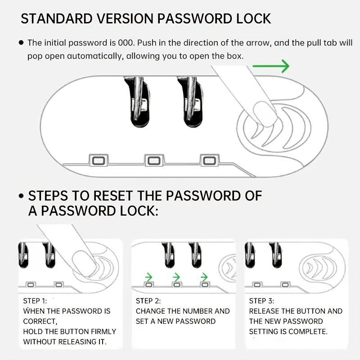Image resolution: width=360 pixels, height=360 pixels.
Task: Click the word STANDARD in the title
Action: pyautogui.click(x=57, y=18)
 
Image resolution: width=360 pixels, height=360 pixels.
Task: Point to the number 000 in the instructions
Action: pyautogui.click(x=126, y=43)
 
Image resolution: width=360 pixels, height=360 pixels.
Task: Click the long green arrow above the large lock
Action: pyautogui.click(x=271, y=66)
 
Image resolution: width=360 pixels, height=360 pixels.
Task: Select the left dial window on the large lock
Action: pyautogui.click(x=98, y=161)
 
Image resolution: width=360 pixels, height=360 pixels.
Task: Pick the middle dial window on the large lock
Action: pyautogui.click(x=154, y=161)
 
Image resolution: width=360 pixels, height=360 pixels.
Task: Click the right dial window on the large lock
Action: pyautogui.click(x=209, y=161)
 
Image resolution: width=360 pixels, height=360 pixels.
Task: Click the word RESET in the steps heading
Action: pyautogui.click(x=112, y=196)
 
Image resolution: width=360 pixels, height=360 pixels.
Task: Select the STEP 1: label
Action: pyautogui.click(x=35, y=301)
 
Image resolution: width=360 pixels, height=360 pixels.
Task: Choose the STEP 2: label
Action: pyautogui.click(x=148, y=301)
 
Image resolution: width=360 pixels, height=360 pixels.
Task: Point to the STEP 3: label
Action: pyautogui.click(x=261, y=301)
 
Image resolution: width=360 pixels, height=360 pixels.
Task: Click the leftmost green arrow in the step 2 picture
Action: pyautogui.click(x=148, y=277)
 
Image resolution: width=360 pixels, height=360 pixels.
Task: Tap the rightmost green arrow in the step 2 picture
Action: pyautogui.click(x=204, y=277)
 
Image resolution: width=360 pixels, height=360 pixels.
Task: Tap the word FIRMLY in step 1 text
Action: pyautogui.click(x=103, y=332)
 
